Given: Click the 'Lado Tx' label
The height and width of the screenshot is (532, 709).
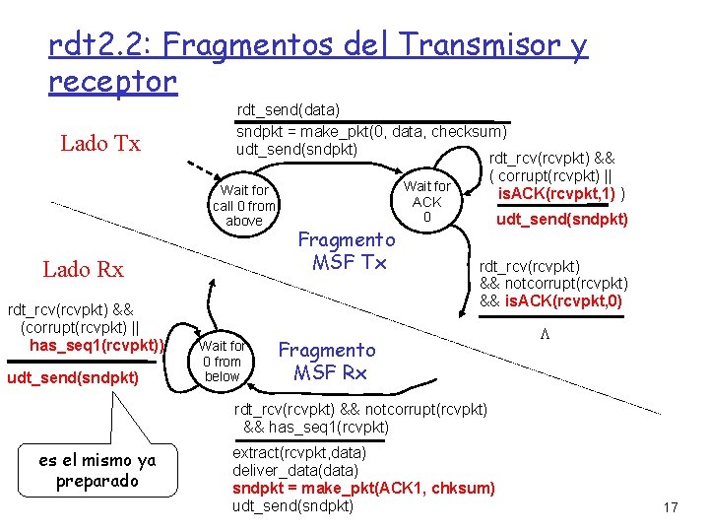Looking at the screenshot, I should tap(99, 143).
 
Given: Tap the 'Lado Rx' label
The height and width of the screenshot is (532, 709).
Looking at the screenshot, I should tap(83, 269).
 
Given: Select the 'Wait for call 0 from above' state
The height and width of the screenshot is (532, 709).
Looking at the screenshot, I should tap(244, 205).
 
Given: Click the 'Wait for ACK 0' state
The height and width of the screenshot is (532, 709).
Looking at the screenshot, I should tap(426, 201).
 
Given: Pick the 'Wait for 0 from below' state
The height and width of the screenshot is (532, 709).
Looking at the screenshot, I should tap(222, 361).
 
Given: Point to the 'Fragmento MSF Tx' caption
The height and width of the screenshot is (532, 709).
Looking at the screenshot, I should tap(346, 250).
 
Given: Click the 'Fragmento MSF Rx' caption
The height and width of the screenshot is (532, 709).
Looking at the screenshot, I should tap(327, 361).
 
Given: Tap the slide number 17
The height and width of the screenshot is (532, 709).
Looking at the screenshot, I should tap(671, 507).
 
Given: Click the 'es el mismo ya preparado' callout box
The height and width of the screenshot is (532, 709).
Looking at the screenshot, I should tap(97, 471).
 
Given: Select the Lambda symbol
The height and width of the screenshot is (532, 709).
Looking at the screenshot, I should tap(543, 335).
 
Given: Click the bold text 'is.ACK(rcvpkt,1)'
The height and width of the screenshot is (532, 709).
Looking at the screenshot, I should tap(559, 191).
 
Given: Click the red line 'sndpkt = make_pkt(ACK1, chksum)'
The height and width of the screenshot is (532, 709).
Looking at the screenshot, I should tap(363, 488).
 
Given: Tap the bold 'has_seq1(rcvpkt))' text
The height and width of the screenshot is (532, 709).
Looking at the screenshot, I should tap(97, 345).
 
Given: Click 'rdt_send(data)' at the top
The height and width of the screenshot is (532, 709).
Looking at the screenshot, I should tap(289, 112).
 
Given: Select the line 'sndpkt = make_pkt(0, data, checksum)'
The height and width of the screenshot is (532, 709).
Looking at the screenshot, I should tap(372, 131).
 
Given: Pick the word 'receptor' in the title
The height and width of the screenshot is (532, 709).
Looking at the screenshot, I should tap(111, 81).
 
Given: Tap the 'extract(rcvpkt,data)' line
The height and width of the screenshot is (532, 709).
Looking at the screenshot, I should tap(298, 452).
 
